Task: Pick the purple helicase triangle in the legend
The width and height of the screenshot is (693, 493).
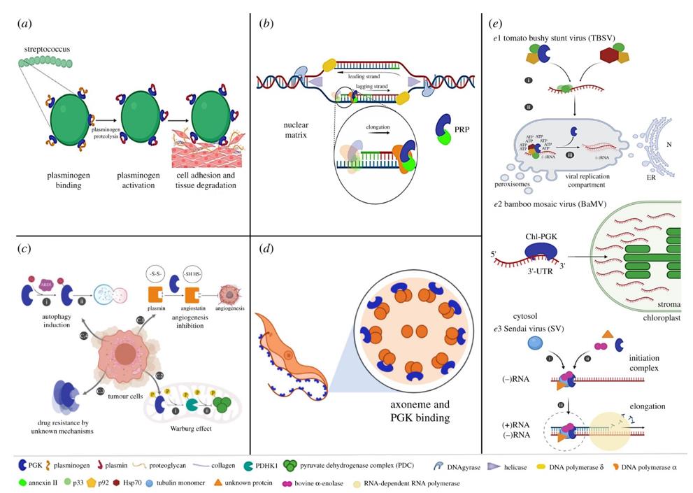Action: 488,466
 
